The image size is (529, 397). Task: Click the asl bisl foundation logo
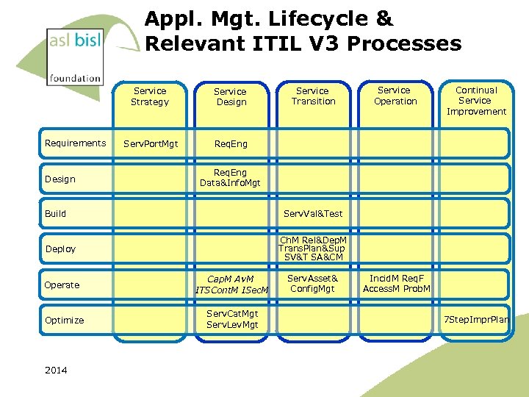(x=74, y=55)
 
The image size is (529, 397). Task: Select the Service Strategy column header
(x=150, y=96)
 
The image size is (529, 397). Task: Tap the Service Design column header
(x=231, y=97)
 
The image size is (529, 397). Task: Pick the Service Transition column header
(x=313, y=96)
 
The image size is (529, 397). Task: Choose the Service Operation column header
(x=395, y=96)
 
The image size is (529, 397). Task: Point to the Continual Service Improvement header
(x=476, y=101)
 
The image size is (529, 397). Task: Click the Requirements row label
(x=75, y=143)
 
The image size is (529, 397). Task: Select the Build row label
(x=56, y=214)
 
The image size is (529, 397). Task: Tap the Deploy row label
(x=60, y=249)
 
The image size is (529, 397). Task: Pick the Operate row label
(x=62, y=285)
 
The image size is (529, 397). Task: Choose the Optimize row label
(x=65, y=321)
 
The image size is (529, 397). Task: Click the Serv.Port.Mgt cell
(x=150, y=144)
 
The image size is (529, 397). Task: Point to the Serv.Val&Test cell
(x=313, y=214)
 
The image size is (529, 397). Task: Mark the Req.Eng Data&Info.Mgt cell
(x=230, y=178)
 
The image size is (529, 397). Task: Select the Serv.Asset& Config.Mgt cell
(x=312, y=284)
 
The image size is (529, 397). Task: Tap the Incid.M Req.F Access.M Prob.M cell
(x=396, y=284)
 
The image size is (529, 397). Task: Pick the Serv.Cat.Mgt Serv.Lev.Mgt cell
(x=232, y=319)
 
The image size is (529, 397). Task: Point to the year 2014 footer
(x=56, y=371)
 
